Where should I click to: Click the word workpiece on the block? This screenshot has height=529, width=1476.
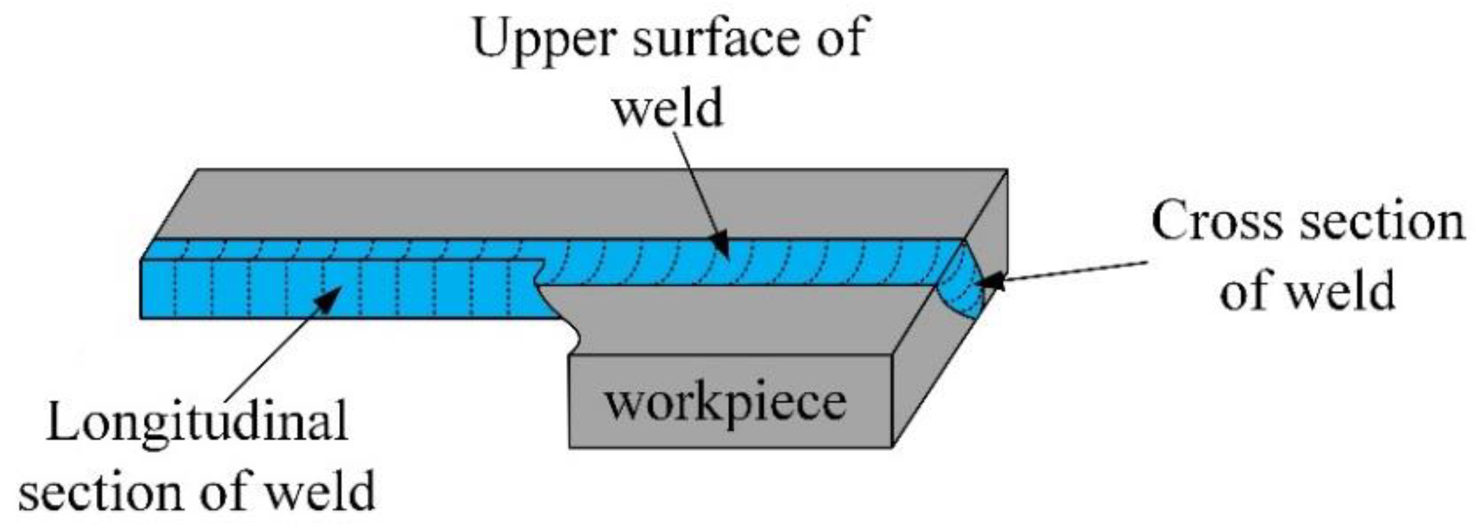click(x=725, y=401)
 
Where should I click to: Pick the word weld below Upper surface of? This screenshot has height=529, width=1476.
click(x=668, y=108)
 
